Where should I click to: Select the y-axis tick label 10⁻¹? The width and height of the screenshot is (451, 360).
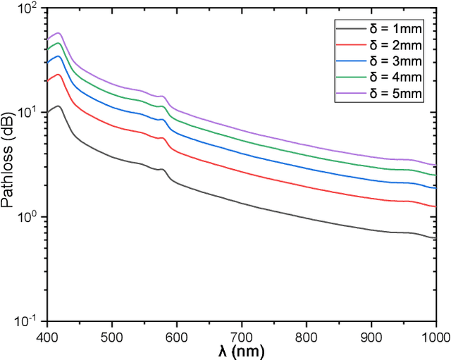click(x=30, y=321)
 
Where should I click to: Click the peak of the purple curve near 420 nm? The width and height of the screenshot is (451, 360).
click(x=59, y=32)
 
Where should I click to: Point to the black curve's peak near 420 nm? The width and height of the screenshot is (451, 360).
click(x=59, y=106)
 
